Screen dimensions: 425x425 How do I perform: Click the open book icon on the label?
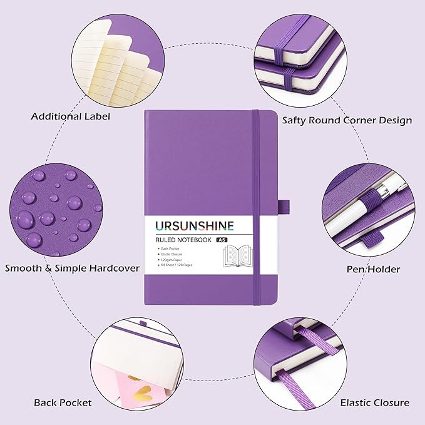tap(240, 257)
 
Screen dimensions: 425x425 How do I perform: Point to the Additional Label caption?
tap(70, 116)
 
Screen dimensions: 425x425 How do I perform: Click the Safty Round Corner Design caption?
tap(347, 120)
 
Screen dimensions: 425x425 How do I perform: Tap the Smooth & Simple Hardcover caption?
tap(72, 268)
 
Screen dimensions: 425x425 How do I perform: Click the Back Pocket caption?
tap(63, 402)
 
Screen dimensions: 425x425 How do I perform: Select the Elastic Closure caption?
tap(374, 402)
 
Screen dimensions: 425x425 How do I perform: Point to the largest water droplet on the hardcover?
tap(26, 219)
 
